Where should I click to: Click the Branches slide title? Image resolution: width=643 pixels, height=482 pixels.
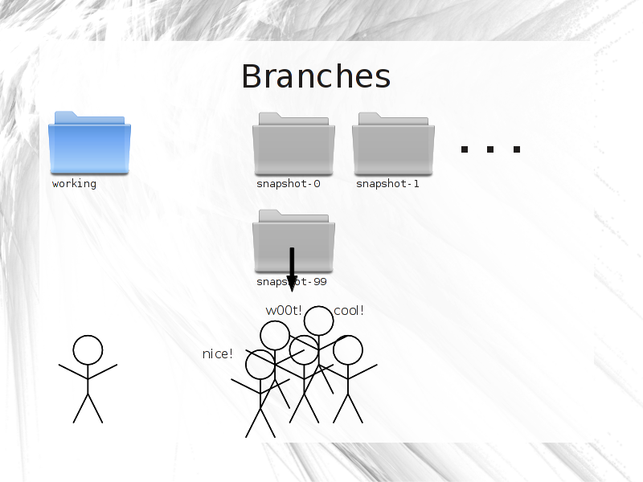pyautogui.click(x=316, y=76)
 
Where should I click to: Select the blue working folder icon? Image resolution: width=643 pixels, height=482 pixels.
pyautogui.click(x=89, y=143)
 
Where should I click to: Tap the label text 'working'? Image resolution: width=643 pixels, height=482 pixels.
pyautogui.click(x=74, y=184)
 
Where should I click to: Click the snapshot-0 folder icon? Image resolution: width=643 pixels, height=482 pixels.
pyautogui.click(x=293, y=144)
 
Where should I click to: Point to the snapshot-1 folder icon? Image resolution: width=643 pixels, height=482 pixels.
pyautogui.click(x=393, y=144)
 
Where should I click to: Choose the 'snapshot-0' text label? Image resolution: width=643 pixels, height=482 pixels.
pyautogui.click(x=289, y=184)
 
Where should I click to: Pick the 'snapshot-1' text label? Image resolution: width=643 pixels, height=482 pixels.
pyautogui.click(x=387, y=184)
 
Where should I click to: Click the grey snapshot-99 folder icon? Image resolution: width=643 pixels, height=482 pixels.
pyautogui.click(x=293, y=241)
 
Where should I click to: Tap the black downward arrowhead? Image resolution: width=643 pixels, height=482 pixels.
pyautogui.click(x=292, y=284)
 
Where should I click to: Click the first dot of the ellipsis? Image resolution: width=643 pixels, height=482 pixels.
pyautogui.click(x=465, y=149)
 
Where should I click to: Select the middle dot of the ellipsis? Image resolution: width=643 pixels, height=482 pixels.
pyautogui.click(x=490, y=149)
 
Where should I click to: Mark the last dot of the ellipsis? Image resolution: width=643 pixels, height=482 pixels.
pyautogui.click(x=517, y=149)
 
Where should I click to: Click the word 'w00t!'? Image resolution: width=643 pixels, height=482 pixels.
pyautogui.click(x=284, y=311)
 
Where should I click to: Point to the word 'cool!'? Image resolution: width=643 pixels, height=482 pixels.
pyautogui.click(x=349, y=311)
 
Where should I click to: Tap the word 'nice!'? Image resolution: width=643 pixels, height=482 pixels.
pyautogui.click(x=217, y=353)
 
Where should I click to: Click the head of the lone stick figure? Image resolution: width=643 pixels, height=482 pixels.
pyautogui.click(x=88, y=350)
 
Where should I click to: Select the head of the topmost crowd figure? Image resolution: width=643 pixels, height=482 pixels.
pyautogui.click(x=318, y=321)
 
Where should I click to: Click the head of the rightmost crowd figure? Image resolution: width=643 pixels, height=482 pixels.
pyautogui.click(x=348, y=350)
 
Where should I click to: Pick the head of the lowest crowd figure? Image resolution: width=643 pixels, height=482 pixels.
pyautogui.click(x=260, y=365)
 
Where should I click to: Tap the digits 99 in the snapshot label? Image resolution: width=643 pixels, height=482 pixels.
pyautogui.click(x=320, y=282)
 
